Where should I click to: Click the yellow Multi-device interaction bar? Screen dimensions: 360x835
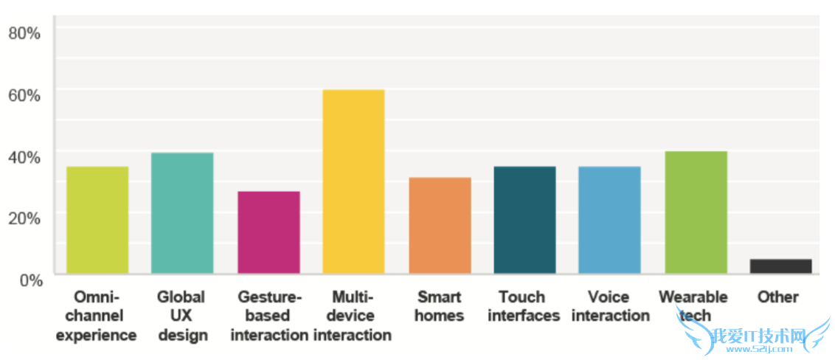click(x=353, y=181)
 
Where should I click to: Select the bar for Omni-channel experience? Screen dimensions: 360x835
click(x=97, y=220)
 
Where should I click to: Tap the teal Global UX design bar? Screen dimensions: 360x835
click(x=182, y=213)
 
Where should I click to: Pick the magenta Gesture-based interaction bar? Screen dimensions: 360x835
click(x=268, y=232)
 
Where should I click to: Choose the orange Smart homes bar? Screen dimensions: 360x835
click(x=440, y=225)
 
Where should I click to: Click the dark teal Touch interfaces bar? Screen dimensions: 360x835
click(x=524, y=220)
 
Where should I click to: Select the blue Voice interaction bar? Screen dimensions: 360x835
click(x=609, y=220)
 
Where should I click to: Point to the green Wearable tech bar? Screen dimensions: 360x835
click(x=696, y=212)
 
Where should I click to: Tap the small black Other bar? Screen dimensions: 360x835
click(x=780, y=266)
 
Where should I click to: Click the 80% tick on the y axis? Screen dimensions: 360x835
click(x=24, y=32)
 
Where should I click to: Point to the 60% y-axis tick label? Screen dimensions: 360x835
click(x=24, y=94)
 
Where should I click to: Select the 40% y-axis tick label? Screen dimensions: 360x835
click(x=24, y=156)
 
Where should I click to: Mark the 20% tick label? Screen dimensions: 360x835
click(x=24, y=218)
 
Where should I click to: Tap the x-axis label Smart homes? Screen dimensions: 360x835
click(x=440, y=306)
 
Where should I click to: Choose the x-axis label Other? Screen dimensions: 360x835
click(x=777, y=297)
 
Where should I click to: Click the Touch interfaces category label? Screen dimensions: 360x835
click(x=524, y=306)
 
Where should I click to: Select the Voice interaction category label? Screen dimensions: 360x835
click(x=609, y=306)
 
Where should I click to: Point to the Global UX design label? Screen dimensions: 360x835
click(x=181, y=316)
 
